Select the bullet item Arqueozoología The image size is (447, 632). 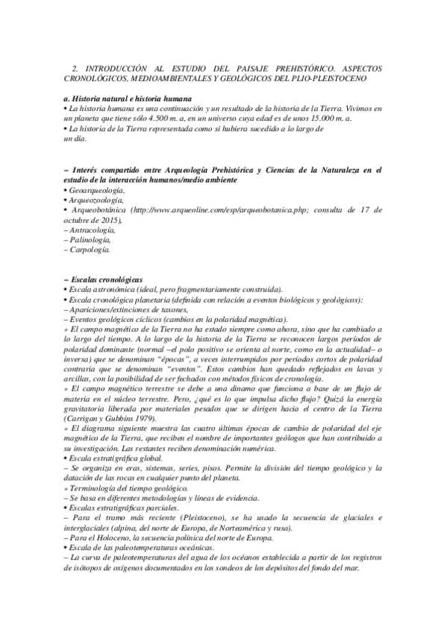point(98,200)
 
